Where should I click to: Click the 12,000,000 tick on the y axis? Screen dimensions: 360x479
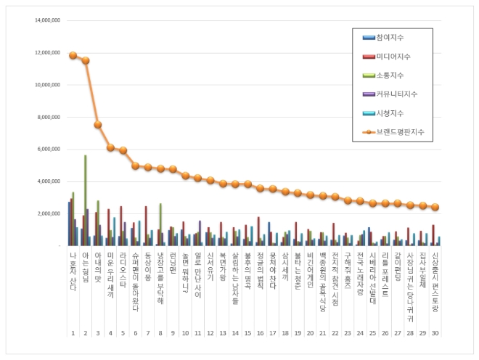pos(45,53)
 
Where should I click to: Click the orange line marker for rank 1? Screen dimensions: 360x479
pos(73,55)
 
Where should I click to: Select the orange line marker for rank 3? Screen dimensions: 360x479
pos(98,125)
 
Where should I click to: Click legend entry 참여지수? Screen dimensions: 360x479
pos(390,37)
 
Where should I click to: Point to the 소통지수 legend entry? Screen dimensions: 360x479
pos(390,75)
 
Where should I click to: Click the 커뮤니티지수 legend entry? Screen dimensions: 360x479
pos(396,94)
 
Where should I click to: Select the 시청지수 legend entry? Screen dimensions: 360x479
pos(390,112)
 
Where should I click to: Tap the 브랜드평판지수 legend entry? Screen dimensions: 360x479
pos(399,132)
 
